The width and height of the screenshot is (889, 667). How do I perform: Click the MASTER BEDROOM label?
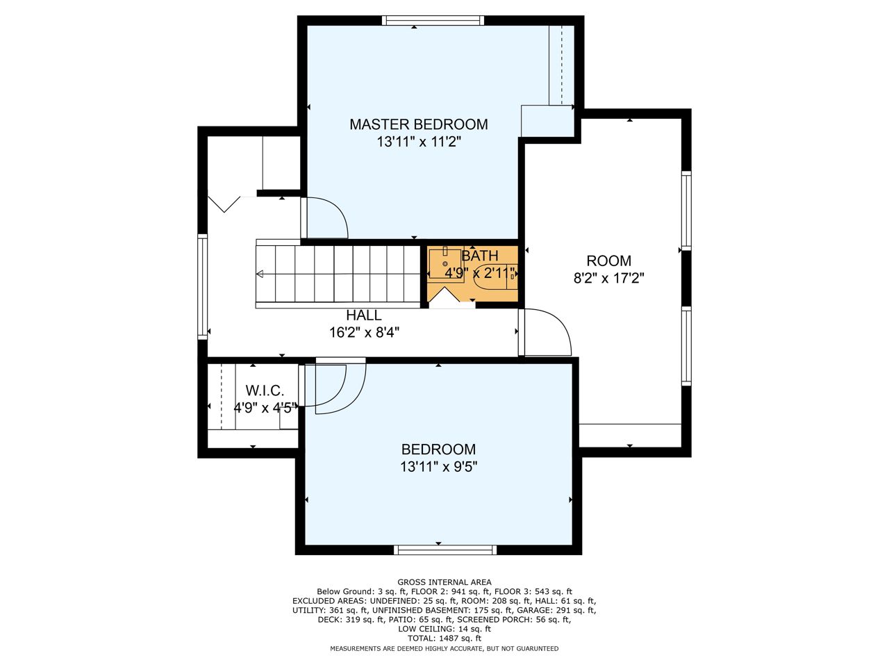click(418, 124)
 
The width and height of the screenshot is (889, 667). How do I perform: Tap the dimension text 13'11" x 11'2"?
click(419, 142)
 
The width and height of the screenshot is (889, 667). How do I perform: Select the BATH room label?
click(480, 256)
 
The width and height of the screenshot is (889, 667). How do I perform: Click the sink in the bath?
click(444, 263)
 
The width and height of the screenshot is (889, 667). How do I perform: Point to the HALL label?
click(364, 315)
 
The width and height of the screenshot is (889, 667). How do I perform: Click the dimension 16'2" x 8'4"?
click(364, 333)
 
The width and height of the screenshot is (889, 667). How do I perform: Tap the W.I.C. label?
click(265, 390)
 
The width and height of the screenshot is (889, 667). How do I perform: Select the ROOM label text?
click(608, 261)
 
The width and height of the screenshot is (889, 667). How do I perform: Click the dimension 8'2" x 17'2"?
click(608, 279)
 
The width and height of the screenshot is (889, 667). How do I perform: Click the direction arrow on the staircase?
click(260, 274)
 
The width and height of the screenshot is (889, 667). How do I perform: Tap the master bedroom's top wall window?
click(433, 20)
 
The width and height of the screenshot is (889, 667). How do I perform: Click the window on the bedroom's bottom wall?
click(445, 550)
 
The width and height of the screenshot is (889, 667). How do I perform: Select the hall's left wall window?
click(203, 287)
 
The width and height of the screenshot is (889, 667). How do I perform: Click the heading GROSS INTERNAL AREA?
click(444, 582)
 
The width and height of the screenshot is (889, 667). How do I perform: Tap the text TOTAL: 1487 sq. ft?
click(444, 639)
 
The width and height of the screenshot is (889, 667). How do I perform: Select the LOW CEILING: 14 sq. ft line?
click(444, 629)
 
